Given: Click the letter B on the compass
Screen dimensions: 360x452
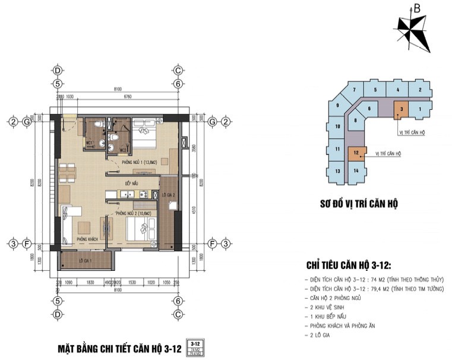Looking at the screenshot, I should [x=417, y=9].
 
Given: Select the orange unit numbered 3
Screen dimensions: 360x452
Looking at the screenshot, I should [x=402, y=109].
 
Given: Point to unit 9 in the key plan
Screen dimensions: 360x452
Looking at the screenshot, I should [x=337, y=106].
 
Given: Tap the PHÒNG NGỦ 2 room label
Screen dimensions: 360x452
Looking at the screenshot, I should [x=134, y=213].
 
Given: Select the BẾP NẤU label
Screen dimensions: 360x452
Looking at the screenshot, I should [x=131, y=184].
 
